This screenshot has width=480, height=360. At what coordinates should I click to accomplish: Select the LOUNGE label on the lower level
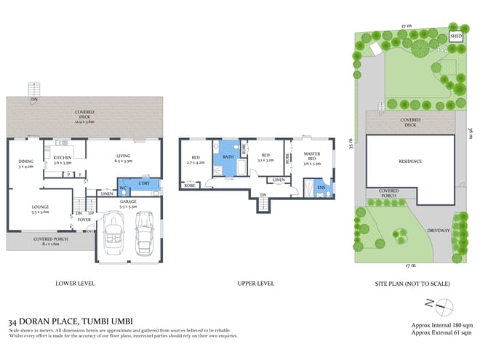click(40, 209)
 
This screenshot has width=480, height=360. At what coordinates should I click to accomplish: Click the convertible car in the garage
click(115, 234)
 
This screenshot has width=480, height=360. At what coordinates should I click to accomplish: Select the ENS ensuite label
click(321, 188)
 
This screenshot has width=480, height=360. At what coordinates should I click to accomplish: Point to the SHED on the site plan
click(456, 36)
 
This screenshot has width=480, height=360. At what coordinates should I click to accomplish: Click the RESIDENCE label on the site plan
click(409, 161)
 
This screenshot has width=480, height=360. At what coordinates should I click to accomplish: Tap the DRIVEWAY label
click(439, 231)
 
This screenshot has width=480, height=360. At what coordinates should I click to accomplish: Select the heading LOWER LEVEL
click(75, 283)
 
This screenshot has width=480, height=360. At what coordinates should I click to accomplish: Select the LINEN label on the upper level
click(278, 180)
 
